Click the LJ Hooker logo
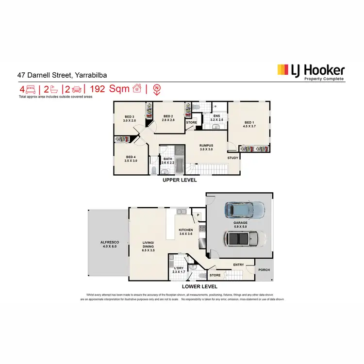click(311, 72)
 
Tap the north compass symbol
click(157, 89)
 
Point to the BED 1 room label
click(249, 122)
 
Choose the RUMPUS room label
click(210, 145)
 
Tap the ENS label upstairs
click(217, 116)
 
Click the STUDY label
click(233, 157)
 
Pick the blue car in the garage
click(245, 210)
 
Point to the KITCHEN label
click(186, 230)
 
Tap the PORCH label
click(264, 270)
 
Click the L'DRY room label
click(179, 268)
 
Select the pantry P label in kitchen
click(198, 215)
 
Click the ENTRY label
click(238, 265)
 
